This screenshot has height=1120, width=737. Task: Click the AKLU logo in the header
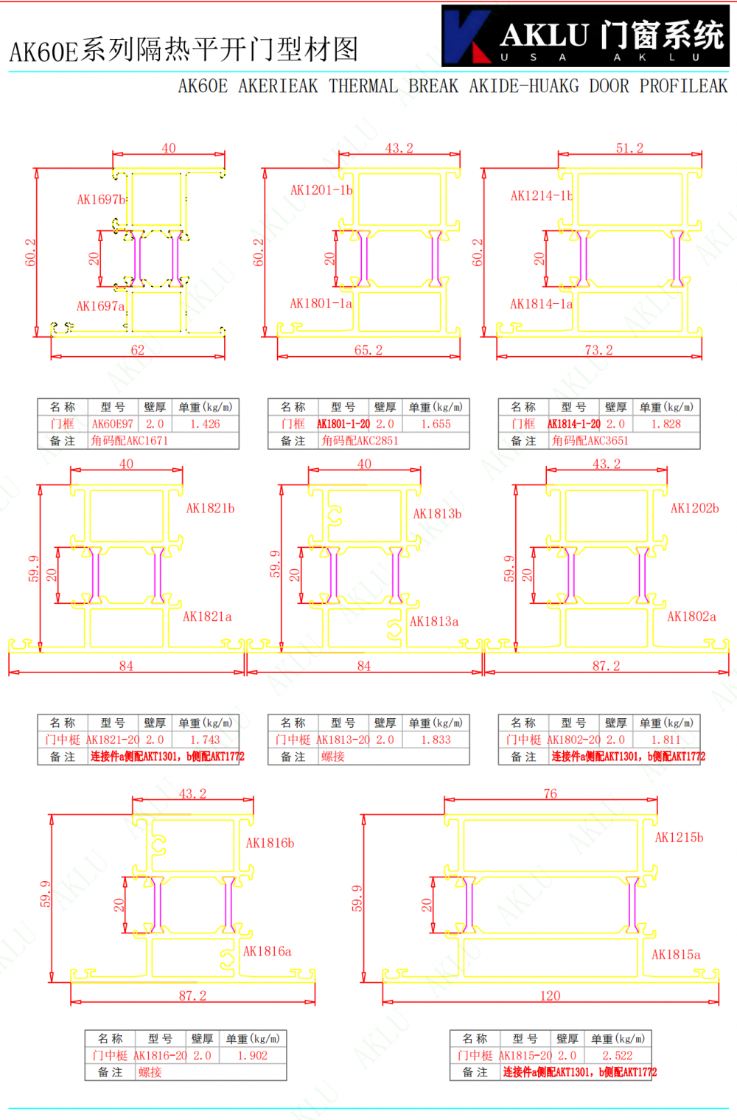pyautogui.click(x=585, y=36)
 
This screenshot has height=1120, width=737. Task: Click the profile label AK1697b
pyautogui.click(x=102, y=199)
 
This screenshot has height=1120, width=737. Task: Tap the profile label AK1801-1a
pyautogui.click(x=321, y=303)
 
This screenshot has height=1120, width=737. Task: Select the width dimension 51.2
pyautogui.click(x=629, y=148)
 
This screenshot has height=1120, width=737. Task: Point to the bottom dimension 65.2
pyautogui.click(x=368, y=350)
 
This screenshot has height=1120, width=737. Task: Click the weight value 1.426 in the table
pyautogui.click(x=205, y=424)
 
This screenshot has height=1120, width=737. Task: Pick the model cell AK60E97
pyautogui.click(x=113, y=424)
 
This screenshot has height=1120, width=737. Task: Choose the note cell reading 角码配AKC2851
pyautogui.click(x=360, y=441)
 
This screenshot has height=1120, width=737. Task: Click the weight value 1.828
pyautogui.click(x=666, y=424)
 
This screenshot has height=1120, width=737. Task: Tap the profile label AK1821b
pyautogui.click(x=210, y=508)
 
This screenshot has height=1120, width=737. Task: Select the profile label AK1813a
pyautogui.click(x=434, y=622)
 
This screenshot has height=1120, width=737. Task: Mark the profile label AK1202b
pyautogui.click(x=694, y=508)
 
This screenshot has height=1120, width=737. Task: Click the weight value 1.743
pyautogui.click(x=205, y=740)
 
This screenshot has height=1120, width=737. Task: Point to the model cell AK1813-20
pyautogui.click(x=343, y=740)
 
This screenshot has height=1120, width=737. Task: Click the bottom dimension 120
pyautogui.click(x=550, y=996)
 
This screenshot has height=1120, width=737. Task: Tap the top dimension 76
pyautogui.click(x=550, y=794)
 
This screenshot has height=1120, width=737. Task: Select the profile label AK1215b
pyautogui.click(x=679, y=838)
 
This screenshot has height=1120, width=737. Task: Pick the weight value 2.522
pyautogui.click(x=618, y=1056)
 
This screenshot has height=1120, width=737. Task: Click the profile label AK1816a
pyautogui.click(x=267, y=951)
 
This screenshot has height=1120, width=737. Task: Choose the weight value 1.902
pyautogui.click(x=252, y=1056)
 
